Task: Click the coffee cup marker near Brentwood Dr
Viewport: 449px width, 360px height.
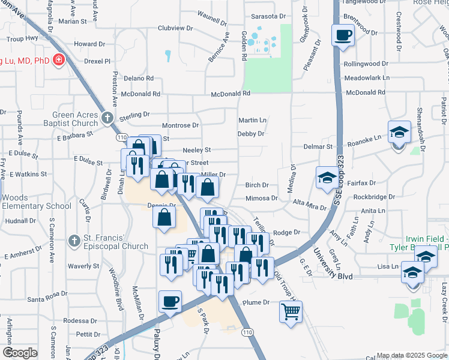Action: [x=343, y=35]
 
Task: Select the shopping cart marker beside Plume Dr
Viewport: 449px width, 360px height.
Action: [x=291, y=311]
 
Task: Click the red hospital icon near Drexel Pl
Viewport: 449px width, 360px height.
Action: [x=59, y=59]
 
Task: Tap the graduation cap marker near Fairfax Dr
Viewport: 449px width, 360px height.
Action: [x=327, y=178]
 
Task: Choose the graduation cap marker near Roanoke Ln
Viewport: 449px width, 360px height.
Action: [x=399, y=131]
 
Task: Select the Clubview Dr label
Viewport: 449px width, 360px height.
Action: [x=175, y=28]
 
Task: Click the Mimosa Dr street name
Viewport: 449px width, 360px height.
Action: [x=262, y=198]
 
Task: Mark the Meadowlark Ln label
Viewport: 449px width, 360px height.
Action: [x=367, y=78]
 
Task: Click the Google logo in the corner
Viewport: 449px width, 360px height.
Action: [x=20, y=353]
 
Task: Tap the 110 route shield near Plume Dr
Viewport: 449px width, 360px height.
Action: [x=247, y=332]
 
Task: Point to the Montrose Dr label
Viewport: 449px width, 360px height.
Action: [x=180, y=125]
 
